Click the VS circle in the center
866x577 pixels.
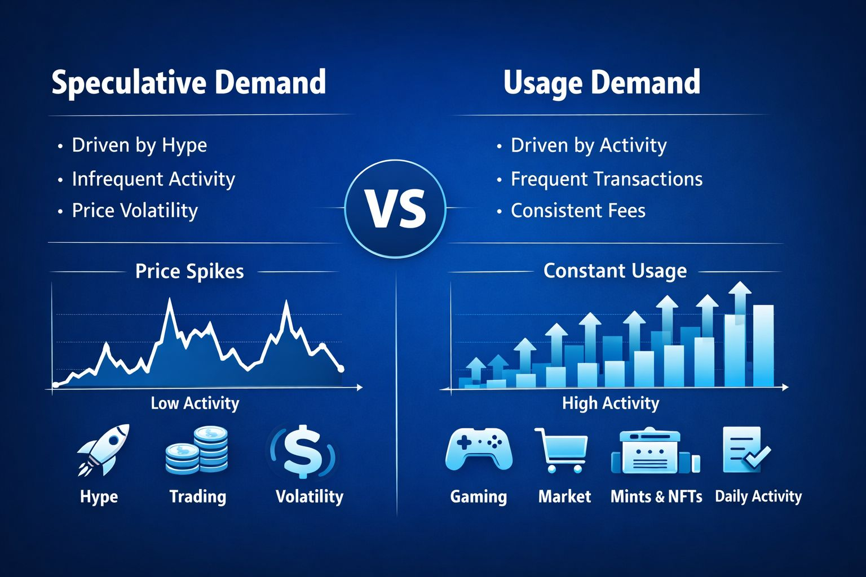[395, 208]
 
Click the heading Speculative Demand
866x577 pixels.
[189, 83]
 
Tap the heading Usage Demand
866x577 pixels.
[602, 83]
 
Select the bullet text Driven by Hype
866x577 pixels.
[140, 146]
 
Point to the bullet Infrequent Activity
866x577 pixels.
[153, 179]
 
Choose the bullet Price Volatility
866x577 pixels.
[135, 211]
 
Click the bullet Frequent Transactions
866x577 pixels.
[607, 179]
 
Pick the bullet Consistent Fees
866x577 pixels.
[578, 211]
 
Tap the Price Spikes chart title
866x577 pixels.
[189, 271]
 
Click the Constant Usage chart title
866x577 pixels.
[615, 271]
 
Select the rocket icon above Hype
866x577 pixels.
[103, 450]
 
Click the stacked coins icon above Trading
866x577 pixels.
[196, 450]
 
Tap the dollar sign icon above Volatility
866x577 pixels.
[303, 452]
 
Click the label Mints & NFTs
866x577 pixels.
[656, 496]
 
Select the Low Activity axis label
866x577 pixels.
[195, 403]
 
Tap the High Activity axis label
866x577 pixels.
[611, 403]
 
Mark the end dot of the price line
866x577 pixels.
[341, 369]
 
